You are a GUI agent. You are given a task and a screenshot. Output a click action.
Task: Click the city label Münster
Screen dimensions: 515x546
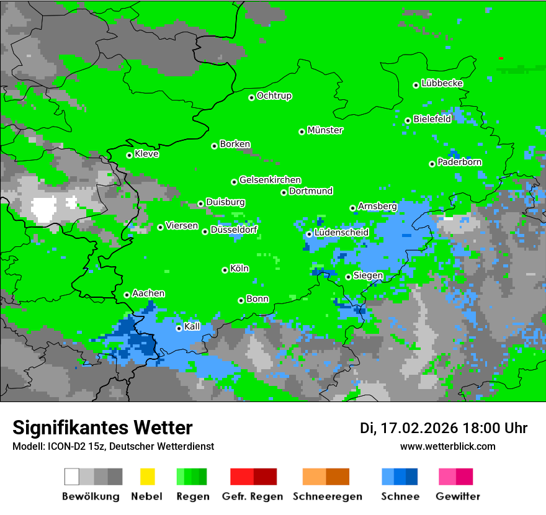325,130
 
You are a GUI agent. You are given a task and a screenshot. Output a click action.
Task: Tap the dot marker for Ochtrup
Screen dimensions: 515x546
252,97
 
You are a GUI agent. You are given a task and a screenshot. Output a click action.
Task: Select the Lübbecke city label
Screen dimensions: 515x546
442,83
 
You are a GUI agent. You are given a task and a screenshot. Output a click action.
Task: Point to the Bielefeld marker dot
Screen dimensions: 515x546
408,120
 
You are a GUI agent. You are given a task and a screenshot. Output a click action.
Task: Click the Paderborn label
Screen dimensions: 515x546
460,162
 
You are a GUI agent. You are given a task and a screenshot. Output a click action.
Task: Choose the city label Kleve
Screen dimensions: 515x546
147,154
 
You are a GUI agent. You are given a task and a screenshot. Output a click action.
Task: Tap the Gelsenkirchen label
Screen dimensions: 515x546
270,180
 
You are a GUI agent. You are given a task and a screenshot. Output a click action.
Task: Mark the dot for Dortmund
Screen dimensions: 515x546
284,192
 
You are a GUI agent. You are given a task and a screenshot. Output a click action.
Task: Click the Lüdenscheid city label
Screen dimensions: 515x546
341,232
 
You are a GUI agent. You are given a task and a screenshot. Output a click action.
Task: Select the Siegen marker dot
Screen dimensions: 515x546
348,277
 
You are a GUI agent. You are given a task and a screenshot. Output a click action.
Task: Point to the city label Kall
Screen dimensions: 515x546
192,326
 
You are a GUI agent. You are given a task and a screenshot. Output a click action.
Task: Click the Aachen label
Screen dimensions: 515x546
148,293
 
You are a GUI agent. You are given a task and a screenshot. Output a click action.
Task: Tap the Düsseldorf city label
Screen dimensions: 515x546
234,230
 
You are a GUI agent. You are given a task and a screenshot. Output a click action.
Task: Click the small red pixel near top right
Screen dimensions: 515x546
501,58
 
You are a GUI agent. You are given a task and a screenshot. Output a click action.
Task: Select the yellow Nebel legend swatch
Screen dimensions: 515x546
147,477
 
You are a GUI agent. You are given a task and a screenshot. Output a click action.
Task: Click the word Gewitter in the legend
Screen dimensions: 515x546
457,496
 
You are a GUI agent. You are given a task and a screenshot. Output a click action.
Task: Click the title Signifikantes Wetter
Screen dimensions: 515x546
102,428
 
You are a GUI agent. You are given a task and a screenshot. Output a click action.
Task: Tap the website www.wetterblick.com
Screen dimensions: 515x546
447,446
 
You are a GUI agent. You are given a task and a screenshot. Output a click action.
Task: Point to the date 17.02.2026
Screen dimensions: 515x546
419,428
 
